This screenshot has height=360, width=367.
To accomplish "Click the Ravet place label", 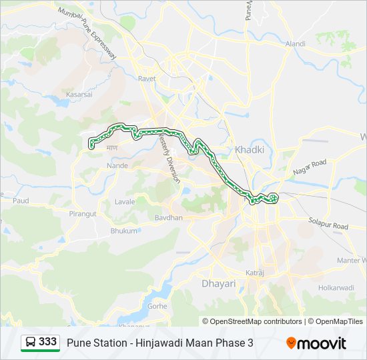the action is [x=147, y=79].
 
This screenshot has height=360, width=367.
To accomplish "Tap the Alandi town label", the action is [x=295, y=44].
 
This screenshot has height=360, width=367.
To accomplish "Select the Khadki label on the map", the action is [x=250, y=150].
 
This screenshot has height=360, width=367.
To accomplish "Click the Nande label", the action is [x=117, y=165].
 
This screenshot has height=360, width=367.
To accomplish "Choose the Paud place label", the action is [x=21, y=200].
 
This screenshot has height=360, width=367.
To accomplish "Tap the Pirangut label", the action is [x=83, y=213].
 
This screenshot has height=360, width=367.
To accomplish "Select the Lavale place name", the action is [x=125, y=201].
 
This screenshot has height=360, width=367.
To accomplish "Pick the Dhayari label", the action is [x=219, y=283].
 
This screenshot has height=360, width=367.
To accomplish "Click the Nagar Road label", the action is [x=310, y=167].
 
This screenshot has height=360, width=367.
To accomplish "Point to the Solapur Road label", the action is [x=328, y=223].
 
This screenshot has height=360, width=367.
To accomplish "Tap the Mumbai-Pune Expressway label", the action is [x=87, y=33].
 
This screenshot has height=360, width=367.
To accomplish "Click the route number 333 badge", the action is [x=40, y=342].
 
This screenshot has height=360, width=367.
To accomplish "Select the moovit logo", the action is [x=316, y=343].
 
